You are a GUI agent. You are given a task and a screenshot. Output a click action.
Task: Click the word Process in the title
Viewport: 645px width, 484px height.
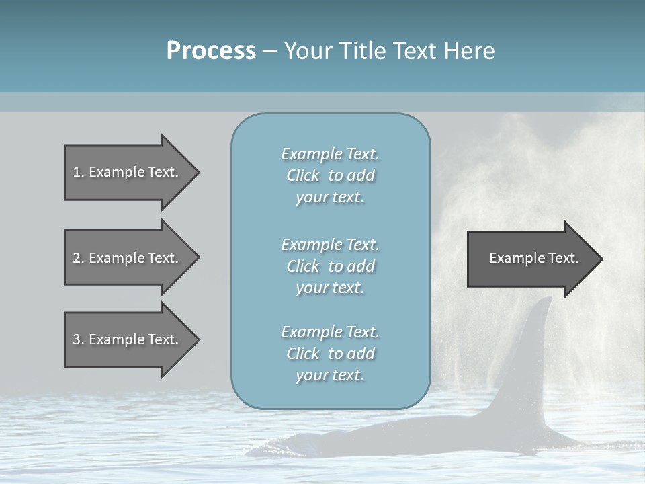[211, 51]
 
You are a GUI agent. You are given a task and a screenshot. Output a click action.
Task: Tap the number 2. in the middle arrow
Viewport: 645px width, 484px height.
[78, 258]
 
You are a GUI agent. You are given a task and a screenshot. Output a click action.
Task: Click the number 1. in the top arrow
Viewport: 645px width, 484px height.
[78, 172]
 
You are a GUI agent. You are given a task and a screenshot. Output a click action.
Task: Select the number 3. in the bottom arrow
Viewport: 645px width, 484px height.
[78, 339]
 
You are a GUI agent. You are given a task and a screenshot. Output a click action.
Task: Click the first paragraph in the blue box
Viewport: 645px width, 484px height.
[330, 175]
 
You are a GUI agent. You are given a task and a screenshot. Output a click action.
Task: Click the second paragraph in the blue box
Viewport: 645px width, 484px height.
[330, 266]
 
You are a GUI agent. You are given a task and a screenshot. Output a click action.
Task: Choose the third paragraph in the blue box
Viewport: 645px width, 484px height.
[330, 354]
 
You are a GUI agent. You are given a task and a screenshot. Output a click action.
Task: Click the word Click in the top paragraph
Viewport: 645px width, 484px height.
[303, 175]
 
